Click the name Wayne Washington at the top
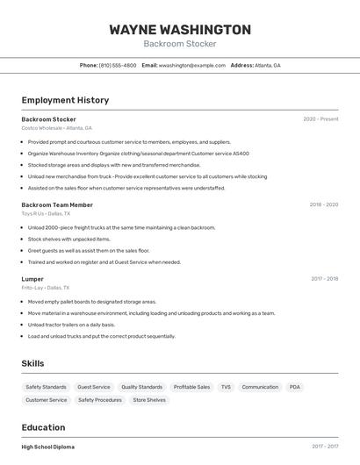click(180, 29)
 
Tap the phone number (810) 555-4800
click(118, 65)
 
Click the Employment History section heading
click(65, 100)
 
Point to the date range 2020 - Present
click(320, 119)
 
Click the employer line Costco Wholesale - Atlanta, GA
click(56, 128)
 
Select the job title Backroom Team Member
click(57, 204)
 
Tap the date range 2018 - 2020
click(323, 204)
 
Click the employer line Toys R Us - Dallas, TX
click(46, 213)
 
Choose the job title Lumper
click(32, 279)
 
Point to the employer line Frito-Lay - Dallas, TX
click(45, 288)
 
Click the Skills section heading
click(32, 363)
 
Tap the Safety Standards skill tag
click(46, 387)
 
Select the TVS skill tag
click(226, 387)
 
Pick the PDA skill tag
click(294, 387)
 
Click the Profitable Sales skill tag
click(191, 387)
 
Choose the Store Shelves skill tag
click(149, 400)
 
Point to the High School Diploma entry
click(48, 447)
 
